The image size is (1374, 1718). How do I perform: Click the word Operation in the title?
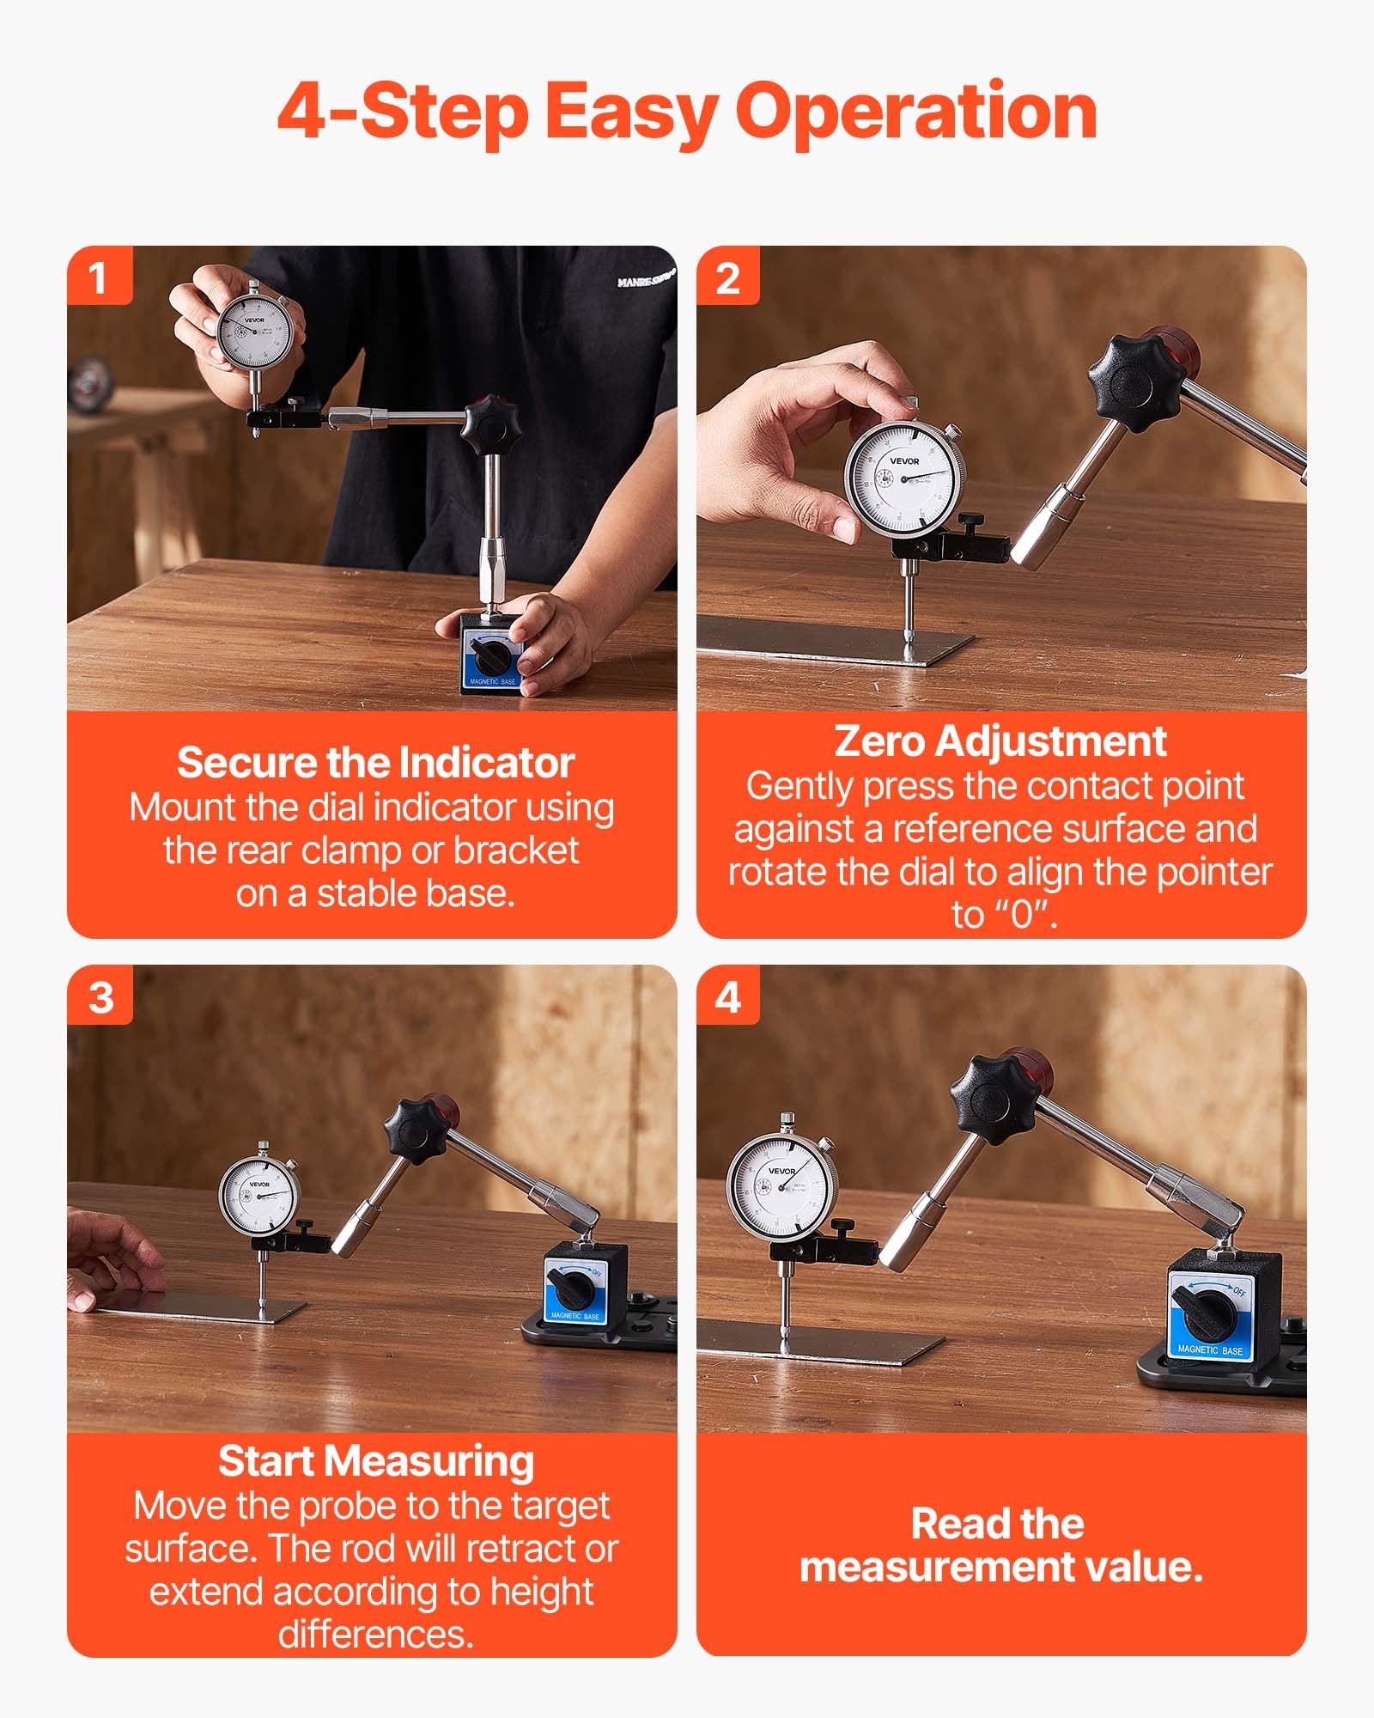tap(916, 112)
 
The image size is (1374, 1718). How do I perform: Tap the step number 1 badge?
tap(99, 277)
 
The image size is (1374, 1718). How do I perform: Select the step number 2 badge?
tap(727, 277)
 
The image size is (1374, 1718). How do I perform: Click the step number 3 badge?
tap(100, 996)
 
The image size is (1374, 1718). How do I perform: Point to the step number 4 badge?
tap(727, 996)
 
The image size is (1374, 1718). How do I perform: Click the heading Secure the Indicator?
tap(375, 763)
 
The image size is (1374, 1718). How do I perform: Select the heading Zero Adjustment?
tap(1000, 741)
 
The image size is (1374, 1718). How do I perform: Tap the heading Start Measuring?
tap(375, 1461)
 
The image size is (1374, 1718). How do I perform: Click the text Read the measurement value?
tap(1000, 1545)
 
